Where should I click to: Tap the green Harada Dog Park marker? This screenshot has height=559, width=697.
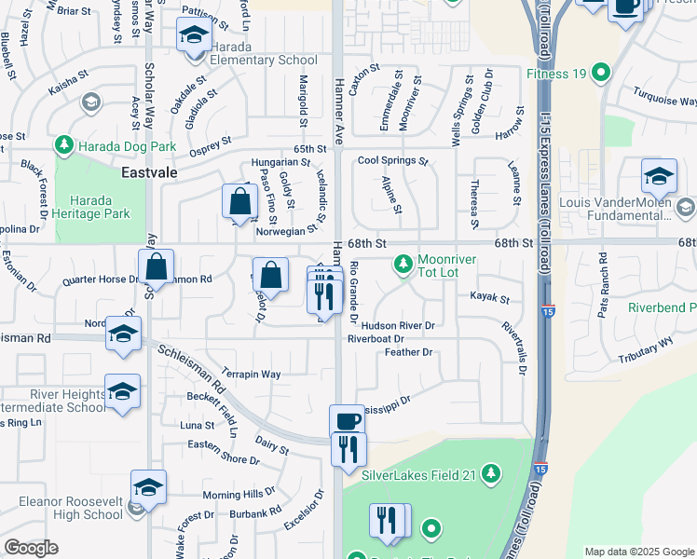pyautogui.click(x=64, y=145)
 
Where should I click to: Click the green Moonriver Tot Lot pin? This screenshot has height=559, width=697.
pyautogui.click(x=403, y=266)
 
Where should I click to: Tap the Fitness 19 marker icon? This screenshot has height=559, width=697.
pyautogui.click(x=601, y=72)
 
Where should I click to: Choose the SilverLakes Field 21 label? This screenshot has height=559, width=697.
pyautogui.click(x=418, y=473)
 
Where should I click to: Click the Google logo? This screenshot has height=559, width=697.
pyautogui.click(x=31, y=548)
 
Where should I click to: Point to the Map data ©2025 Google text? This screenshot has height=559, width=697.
pyautogui.click(x=638, y=552)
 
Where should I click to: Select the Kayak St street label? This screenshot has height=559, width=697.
pyautogui.click(x=490, y=299)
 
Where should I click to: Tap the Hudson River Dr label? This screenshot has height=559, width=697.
pyautogui.click(x=398, y=326)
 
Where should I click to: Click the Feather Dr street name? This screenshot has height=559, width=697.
pyautogui.click(x=409, y=352)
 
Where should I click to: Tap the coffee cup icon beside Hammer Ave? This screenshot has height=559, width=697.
pyautogui.click(x=347, y=421)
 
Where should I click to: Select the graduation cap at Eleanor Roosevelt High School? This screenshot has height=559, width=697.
pyautogui.click(x=148, y=487)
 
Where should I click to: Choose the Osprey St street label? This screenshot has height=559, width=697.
pyautogui.click(x=209, y=147)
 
